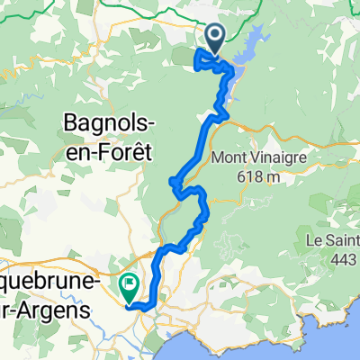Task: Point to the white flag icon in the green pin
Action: pos(130,284)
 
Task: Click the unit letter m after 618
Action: pos(273,178)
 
